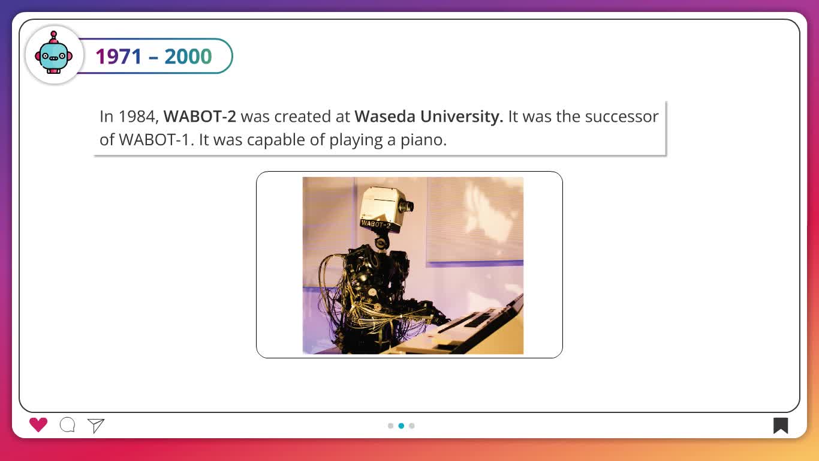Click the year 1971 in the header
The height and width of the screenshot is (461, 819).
(119, 56)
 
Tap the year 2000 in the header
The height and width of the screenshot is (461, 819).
(188, 56)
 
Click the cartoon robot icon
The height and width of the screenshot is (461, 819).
(54, 52)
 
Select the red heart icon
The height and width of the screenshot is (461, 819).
(38, 425)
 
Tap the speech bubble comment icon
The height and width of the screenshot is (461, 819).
(67, 425)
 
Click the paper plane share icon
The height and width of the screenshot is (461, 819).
(96, 426)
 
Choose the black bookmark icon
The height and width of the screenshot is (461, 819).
(781, 426)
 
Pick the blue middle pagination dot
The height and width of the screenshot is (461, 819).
(401, 426)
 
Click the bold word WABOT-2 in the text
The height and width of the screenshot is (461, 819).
(200, 116)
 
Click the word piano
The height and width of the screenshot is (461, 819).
(423, 140)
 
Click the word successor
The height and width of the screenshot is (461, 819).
(622, 117)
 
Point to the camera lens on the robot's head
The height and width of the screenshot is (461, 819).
(407, 206)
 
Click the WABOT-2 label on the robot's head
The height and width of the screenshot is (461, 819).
(375, 224)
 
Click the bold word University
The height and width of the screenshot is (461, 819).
(462, 117)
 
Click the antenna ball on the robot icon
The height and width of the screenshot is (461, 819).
(54, 34)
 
